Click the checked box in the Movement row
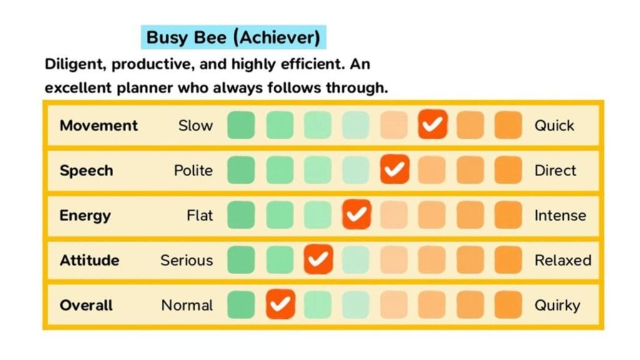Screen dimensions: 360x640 point(432,125)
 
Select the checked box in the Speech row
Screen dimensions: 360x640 point(394,170)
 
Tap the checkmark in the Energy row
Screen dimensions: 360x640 point(356,215)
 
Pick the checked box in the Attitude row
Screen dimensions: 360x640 point(318,260)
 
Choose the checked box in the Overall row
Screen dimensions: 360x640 point(281,305)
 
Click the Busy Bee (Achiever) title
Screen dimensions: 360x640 point(233,37)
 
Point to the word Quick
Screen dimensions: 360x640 point(554,125)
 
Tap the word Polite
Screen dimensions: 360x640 point(193,170)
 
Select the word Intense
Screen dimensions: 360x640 point(560,215)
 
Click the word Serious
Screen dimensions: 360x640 point(186,260)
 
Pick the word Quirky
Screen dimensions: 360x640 point(557,305)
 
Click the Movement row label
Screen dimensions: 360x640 point(99,125)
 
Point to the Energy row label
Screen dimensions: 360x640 point(85,215)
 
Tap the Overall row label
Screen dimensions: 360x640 point(86,305)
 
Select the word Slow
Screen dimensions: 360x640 point(196,125)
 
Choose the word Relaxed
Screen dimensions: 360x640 point(562,260)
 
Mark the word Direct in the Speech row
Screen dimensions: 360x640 point(555,170)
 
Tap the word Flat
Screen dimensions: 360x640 point(200,215)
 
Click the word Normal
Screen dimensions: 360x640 point(187,305)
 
